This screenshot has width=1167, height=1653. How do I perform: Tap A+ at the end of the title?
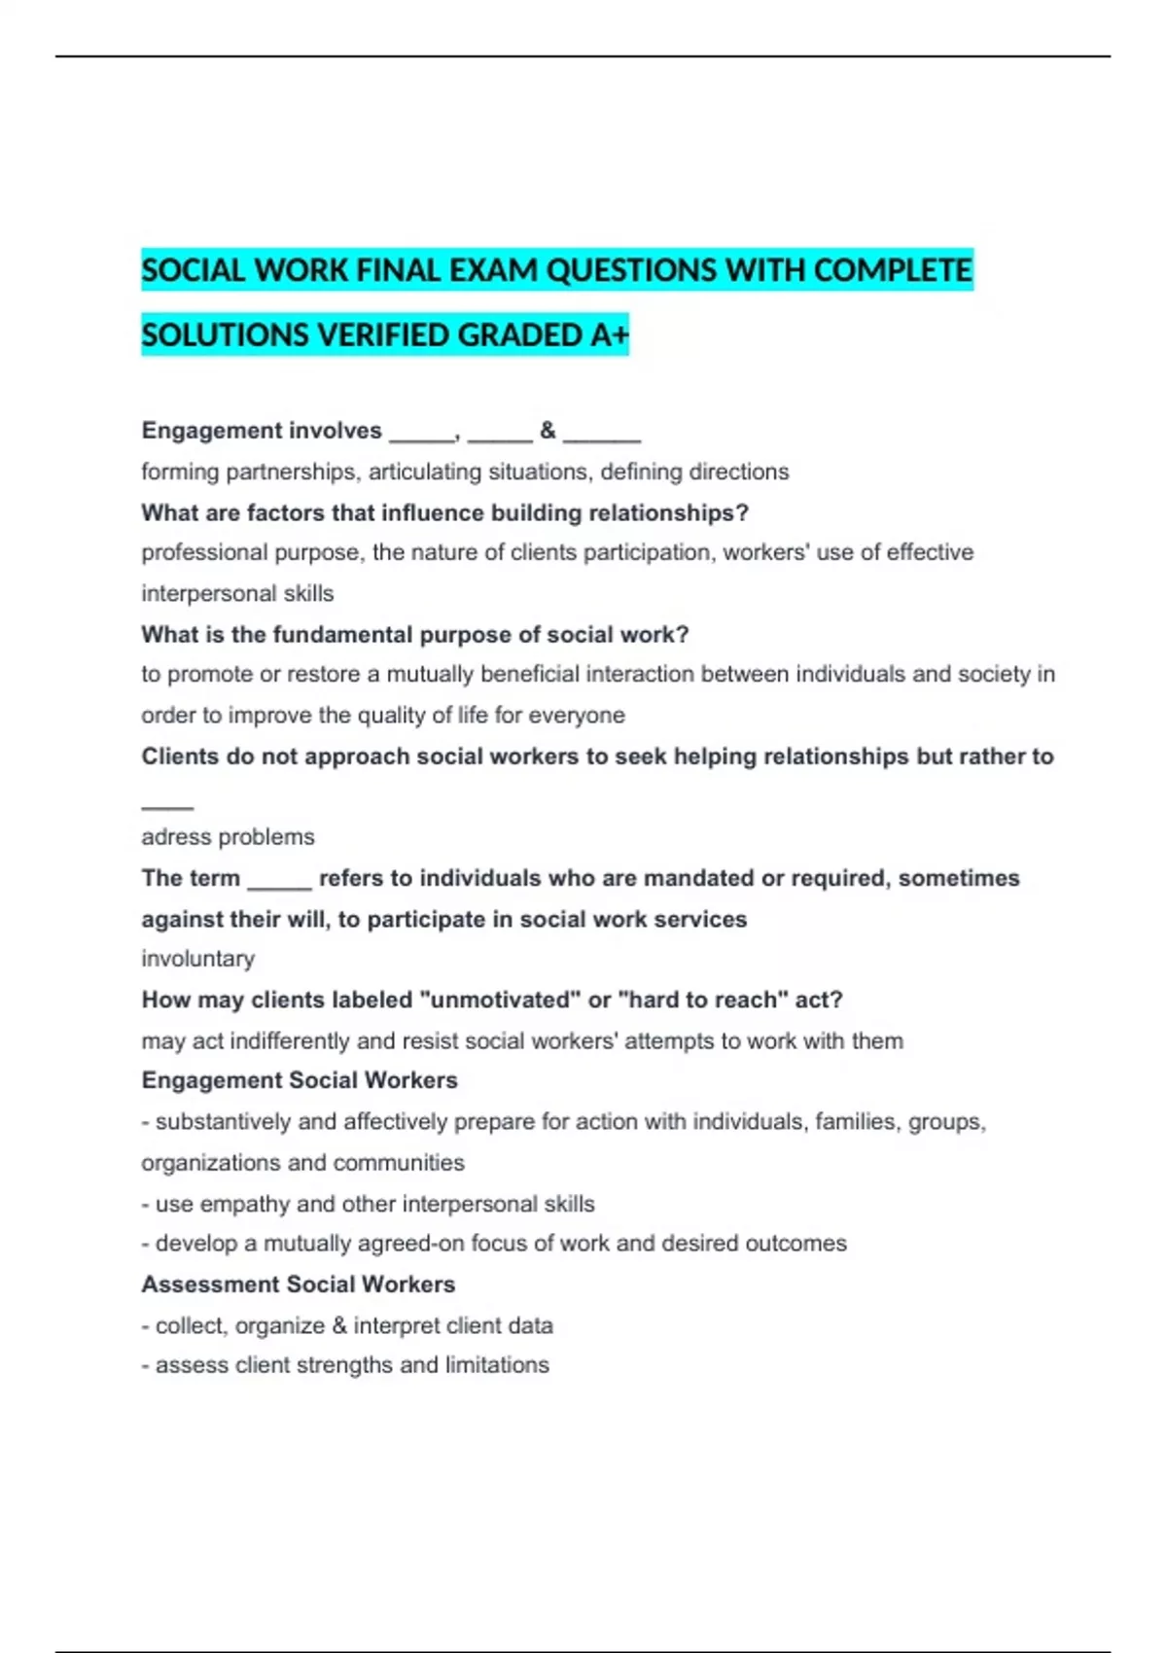click(610, 334)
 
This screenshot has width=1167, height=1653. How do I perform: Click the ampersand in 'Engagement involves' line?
click(548, 430)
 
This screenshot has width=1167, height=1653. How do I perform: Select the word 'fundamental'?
click(342, 634)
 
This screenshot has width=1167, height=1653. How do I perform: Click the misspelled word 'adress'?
click(170, 836)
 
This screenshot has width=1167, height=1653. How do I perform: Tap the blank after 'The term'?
click(279, 880)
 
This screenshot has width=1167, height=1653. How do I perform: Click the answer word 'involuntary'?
click(197, 959)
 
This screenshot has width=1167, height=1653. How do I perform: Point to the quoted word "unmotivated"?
click(499, 1000)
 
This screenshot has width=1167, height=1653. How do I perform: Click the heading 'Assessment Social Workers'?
click(298, 1284)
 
